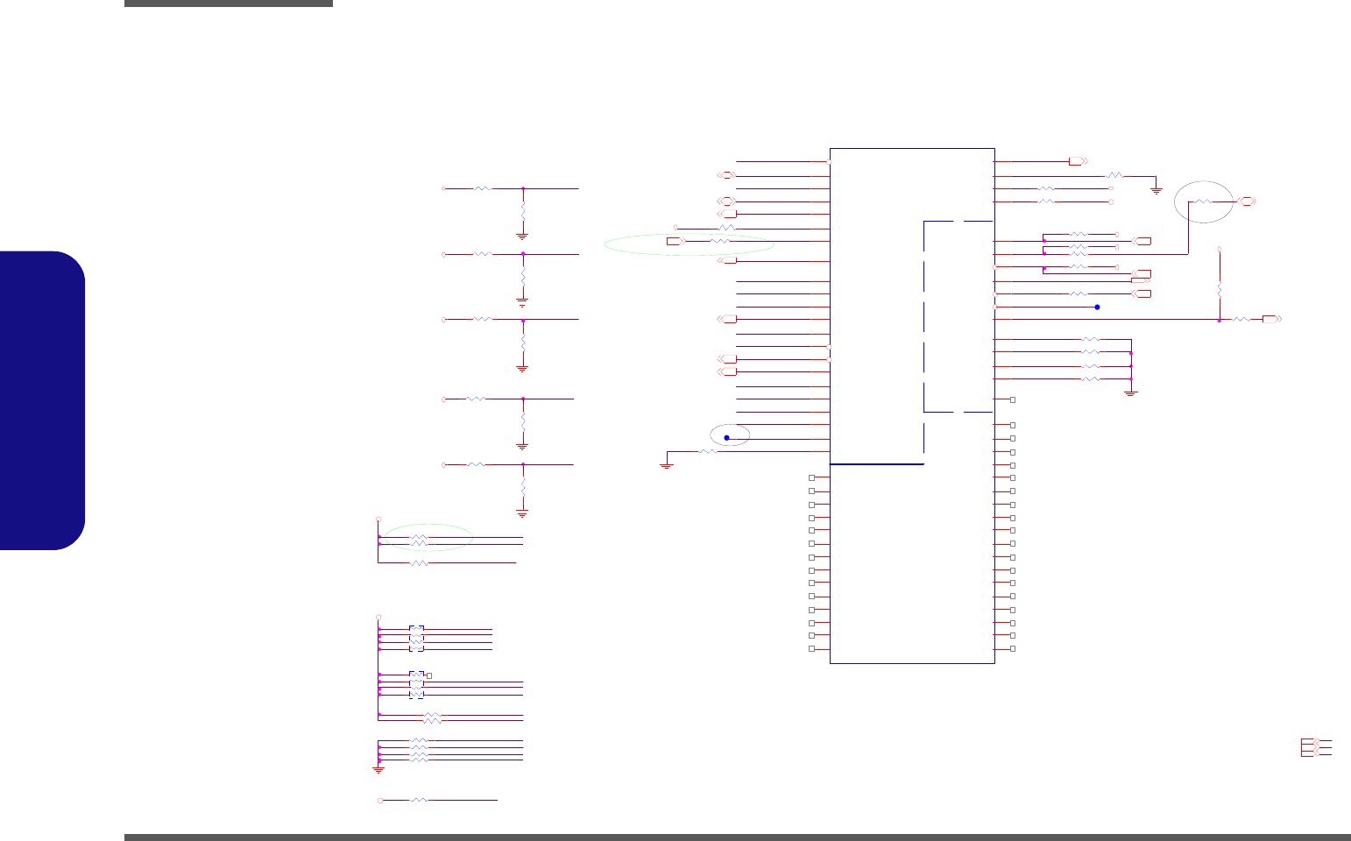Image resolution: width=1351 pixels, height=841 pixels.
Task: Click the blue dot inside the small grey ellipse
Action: [x=726, y=438]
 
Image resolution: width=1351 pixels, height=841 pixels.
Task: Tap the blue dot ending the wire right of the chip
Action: [x=1097, y=307]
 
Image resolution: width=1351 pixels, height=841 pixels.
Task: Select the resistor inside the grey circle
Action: [x=1203, y=201]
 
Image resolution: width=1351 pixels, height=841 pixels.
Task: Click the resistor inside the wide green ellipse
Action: [x=719, y=241]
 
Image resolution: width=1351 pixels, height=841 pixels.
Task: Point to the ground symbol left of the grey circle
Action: [x=1156, y=188]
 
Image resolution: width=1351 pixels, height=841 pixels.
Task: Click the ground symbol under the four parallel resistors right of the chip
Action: [x=1130, y=393]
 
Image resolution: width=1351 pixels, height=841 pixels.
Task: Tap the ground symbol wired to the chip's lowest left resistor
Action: [x=666, y=465]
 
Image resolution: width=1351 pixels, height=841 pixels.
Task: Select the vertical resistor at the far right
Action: [x=1220, y=289]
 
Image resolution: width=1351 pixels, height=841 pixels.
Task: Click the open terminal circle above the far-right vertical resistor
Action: [x=1220, y=250]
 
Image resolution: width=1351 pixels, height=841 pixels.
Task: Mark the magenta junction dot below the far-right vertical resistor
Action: [x=1220, y=320]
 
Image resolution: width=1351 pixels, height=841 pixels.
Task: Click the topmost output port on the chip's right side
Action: [x=1078, y=161]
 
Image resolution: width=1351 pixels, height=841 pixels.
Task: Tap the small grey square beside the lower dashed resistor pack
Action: [x=428, y=675]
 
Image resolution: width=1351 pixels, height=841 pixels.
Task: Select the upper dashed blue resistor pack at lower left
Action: [x=416, y=639]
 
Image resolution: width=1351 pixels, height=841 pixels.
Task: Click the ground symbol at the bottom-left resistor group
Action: [x=378, y=769]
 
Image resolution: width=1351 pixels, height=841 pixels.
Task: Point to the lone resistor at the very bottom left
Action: [x=420, y=800]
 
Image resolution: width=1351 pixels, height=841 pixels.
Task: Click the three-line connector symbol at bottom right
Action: [x=1316, y=747]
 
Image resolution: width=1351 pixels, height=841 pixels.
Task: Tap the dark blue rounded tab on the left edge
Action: [x=43, y=400]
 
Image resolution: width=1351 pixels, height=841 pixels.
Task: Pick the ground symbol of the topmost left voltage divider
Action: [x=522, y=235]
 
